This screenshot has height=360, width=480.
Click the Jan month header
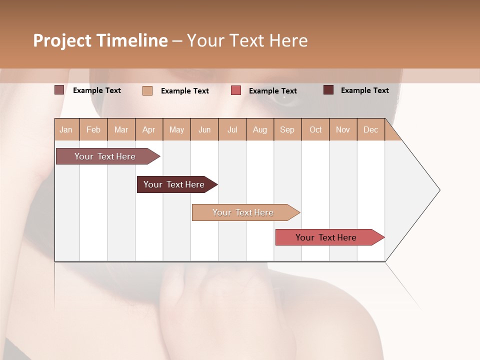66,129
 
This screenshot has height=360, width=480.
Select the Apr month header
148,129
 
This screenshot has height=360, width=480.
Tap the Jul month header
232,129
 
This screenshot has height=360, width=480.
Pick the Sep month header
287,129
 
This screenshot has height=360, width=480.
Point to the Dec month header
370,129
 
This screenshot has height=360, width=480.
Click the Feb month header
93,129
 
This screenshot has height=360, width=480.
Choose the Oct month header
315,129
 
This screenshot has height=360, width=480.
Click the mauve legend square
59,90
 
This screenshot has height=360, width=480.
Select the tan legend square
147,90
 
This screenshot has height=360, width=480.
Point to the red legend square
236,90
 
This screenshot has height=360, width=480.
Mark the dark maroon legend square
328,90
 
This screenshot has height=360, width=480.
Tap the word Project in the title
62,40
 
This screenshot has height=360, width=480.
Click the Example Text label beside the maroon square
364,90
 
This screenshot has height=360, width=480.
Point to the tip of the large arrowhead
439,190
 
